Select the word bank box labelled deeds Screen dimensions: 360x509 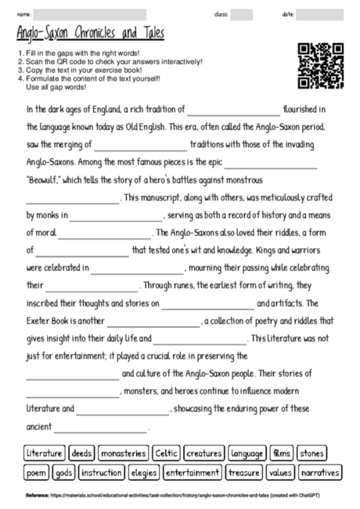[82, 453]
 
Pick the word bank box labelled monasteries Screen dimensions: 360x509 [124, 453]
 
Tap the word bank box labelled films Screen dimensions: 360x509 [280, 453]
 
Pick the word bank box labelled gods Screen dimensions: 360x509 [64, 473]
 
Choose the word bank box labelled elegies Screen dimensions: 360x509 [144, 473]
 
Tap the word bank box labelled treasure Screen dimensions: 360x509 [243, 473]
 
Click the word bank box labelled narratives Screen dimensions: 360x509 [320, 473]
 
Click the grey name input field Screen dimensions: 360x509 [90, 14]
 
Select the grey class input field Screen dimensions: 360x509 [241, 14]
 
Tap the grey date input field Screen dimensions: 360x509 [319, 14]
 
